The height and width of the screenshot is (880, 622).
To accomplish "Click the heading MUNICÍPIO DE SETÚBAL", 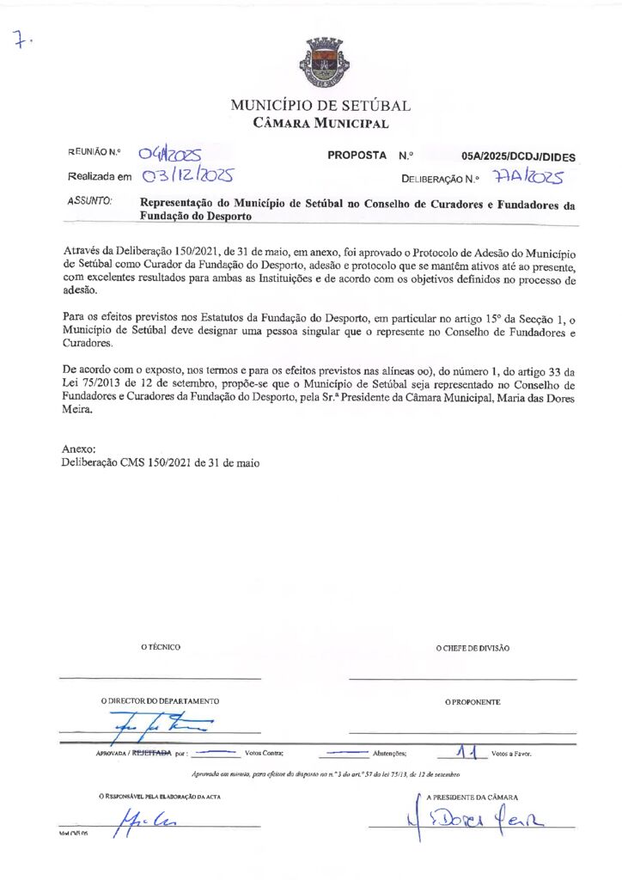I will [x=320, y=107].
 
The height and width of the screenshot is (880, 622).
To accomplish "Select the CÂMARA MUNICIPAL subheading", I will [x=320, y=124].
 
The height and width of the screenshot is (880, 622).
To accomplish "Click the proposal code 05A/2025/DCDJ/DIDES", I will [x=518, y=157].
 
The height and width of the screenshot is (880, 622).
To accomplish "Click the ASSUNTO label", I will [x=89, y=201].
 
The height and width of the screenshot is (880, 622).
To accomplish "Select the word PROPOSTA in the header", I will [x=357, y=156].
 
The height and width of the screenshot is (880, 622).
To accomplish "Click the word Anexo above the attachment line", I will [x=79, y=449].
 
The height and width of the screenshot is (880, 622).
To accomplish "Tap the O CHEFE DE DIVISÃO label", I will [x=473, y=648].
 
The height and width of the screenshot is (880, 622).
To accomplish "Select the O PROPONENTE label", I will [x=473, y=702].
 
